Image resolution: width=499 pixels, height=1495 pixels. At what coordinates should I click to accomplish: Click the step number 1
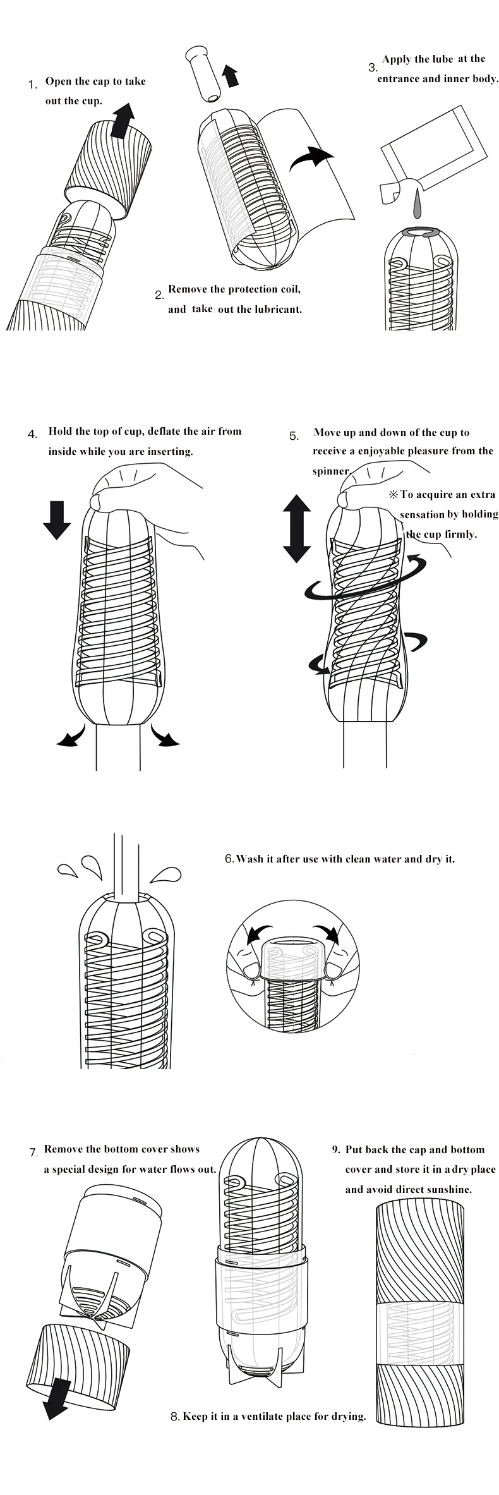coord(32,84)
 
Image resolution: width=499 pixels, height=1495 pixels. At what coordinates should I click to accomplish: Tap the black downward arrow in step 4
coord(57,519)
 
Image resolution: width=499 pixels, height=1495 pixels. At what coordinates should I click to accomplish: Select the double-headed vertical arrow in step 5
coord(296,529)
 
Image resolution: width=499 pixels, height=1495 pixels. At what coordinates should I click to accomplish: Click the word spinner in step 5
coord(330,471)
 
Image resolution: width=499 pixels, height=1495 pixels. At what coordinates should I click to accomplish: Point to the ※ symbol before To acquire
coord(394,495)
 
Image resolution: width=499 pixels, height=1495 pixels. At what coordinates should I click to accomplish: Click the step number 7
coord(33,1152)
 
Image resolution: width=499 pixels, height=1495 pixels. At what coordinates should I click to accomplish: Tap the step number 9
coord(336,1149)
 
